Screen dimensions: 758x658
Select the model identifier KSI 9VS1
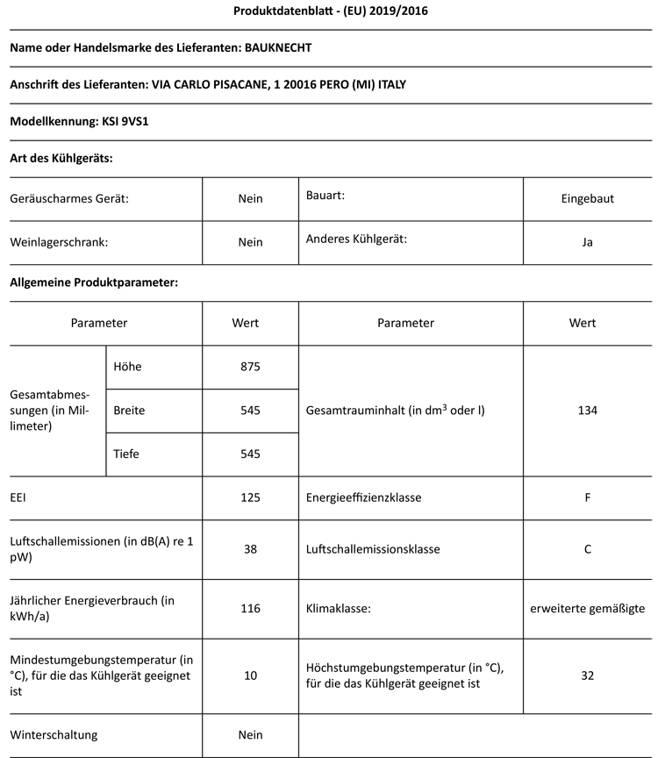point(130,122)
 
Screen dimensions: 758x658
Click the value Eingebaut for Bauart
point(587,198)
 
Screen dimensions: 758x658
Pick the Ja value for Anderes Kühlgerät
point(587,242)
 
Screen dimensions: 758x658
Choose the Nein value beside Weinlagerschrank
point(250,242)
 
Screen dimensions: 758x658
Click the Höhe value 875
point(250,367)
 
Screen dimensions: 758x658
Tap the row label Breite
point(129,410)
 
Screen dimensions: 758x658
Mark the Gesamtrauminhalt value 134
point(587,410)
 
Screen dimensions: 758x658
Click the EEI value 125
point(250,497)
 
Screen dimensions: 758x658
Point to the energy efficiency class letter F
point(587,497)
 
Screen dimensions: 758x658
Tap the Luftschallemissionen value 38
point(250,549)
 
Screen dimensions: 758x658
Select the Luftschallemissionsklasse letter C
point(587,549)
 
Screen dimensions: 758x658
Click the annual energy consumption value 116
point(250,607)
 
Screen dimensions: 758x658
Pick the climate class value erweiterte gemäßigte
point(587,607)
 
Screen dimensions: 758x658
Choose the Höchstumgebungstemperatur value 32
point(587,675)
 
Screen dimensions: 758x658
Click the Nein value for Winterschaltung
point(250,734)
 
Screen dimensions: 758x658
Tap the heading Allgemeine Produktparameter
point(94,282)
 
